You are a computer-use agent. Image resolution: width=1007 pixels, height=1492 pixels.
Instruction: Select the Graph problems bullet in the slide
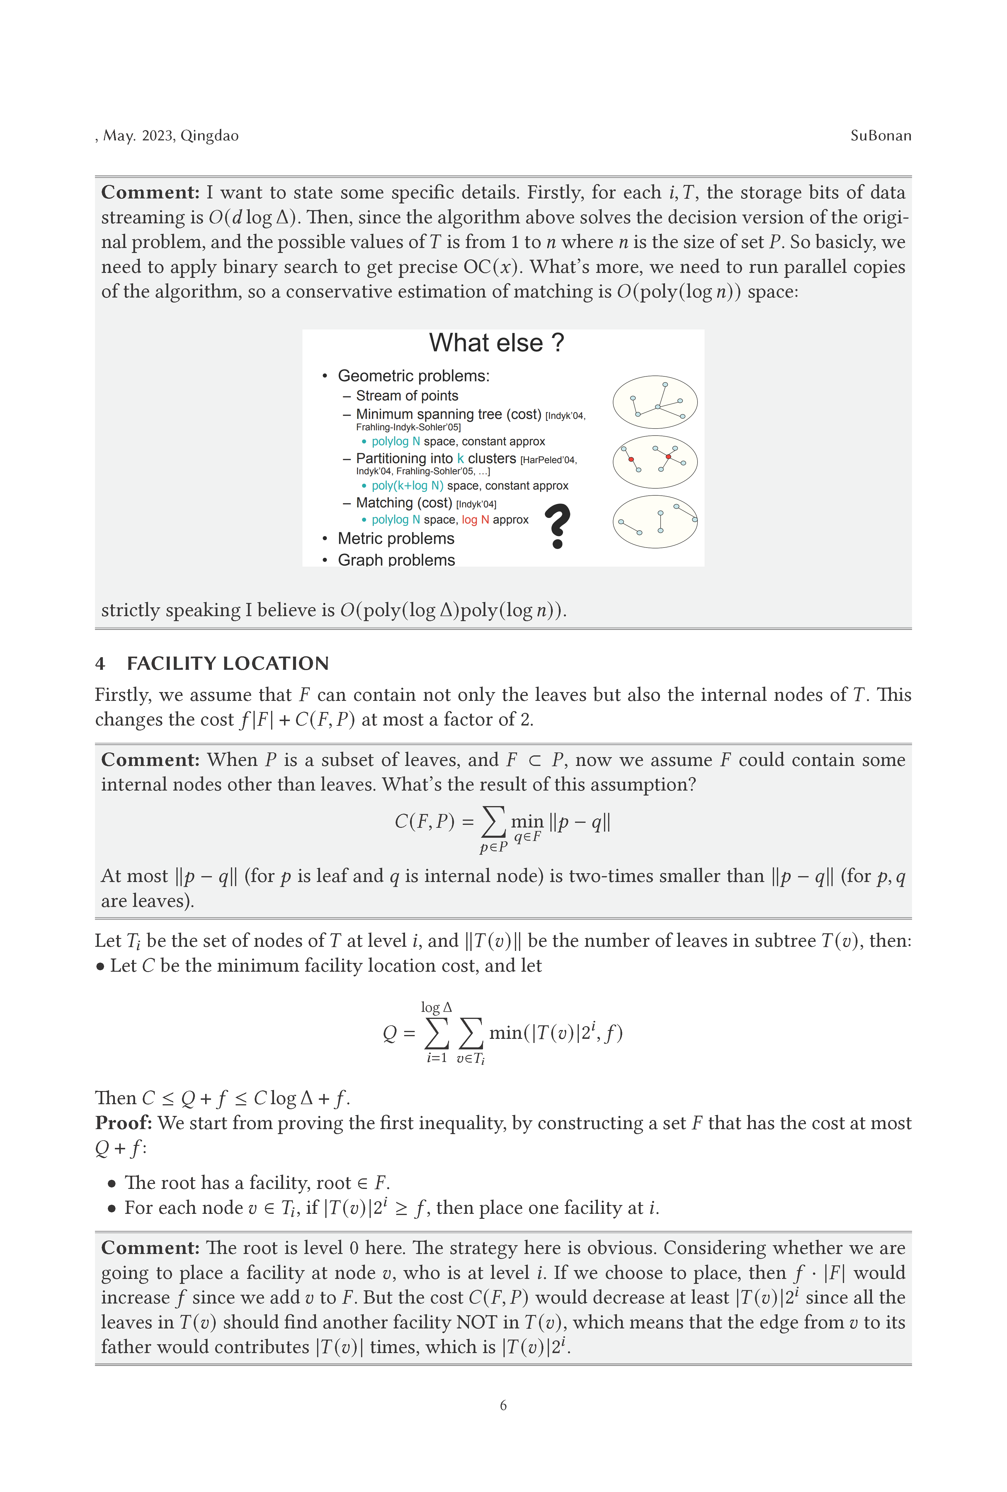(396, 560)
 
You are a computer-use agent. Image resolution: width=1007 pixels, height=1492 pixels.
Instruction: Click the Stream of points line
(407, 395)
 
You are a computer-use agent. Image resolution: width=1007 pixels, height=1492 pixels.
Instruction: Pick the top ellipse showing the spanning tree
(655, 402)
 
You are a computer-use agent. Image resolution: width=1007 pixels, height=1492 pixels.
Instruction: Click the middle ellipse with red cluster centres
(655, 462)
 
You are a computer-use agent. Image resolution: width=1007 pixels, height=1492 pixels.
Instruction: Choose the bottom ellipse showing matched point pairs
(655, 521)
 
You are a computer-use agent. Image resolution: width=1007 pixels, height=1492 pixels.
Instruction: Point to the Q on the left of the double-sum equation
(389, 1033)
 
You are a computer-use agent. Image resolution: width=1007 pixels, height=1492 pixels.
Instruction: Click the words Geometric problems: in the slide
(413, 375)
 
